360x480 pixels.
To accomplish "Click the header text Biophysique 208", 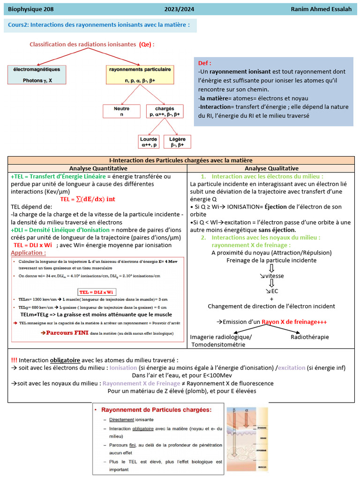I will click(x=30, y=9).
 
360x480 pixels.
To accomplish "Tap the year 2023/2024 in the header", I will click(x=179, y=9).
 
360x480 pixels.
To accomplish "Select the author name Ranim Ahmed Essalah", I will click(x=323, y=9).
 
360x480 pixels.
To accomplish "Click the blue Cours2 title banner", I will click(x=99, y=25).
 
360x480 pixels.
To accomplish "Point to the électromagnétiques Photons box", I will click(x=37, y=75).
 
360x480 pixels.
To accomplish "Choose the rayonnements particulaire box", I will click(x=140, y=75).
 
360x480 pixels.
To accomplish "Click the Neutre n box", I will click(x=121, y=111).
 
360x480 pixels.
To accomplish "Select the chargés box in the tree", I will click(x=165, y=111).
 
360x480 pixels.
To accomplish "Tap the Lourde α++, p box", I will click(x=150, y=142).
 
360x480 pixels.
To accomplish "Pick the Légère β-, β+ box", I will click(x=177, y=142).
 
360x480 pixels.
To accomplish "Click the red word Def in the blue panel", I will click(x=204, y=63).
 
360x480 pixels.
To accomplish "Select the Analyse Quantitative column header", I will click(x=98, y=168).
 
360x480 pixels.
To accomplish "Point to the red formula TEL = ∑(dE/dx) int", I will click(x=88, y=199).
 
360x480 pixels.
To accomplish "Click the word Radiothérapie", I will click(x=309, y=337).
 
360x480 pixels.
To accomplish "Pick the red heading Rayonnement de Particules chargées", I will click(x=156, y=409).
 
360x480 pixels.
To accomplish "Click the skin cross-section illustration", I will click(x=247, y=440).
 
